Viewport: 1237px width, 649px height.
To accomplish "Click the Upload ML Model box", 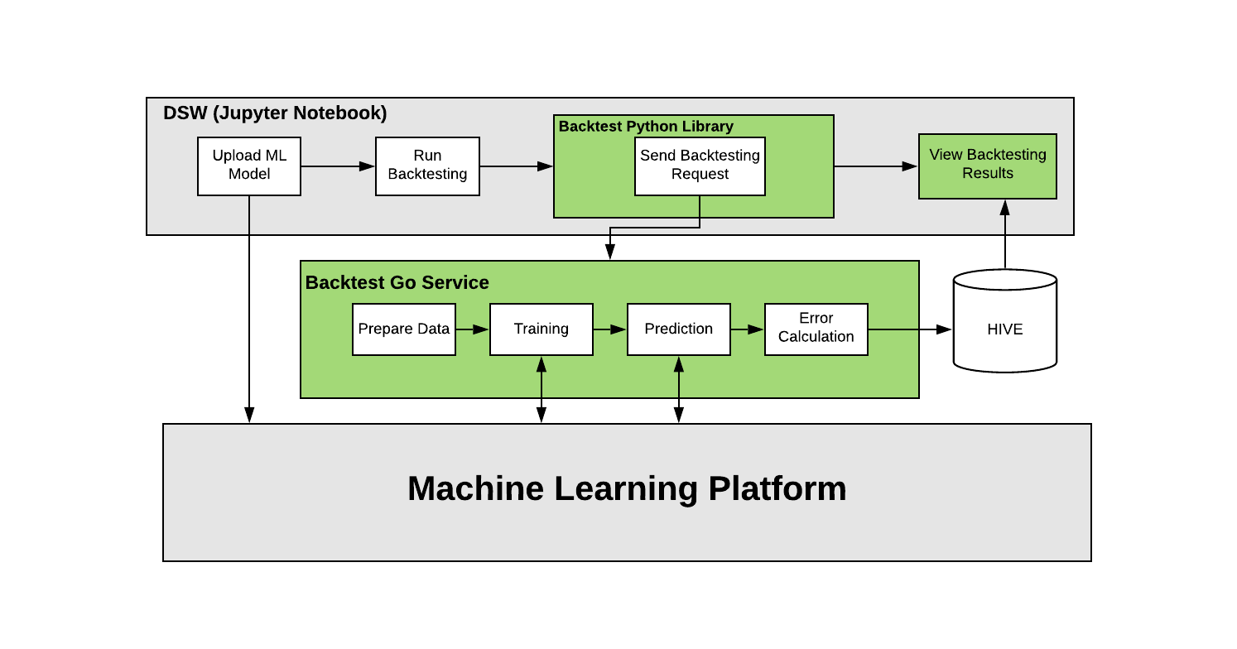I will (248, 166).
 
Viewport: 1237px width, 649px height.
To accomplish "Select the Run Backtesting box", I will (427, 166).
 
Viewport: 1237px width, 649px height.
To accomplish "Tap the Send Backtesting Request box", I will (700, 166).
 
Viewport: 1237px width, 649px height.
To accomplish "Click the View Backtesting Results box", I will (987, 166).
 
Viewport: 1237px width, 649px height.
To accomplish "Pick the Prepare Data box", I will (404, 329).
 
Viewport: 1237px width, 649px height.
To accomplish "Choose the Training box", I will (541, 329).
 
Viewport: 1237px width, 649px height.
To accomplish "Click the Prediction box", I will (678, 329).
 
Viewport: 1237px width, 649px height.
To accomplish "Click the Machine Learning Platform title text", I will (627, 488).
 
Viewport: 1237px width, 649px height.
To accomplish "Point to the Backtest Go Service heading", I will (397, 283).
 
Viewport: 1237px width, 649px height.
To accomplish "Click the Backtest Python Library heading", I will (646, 127).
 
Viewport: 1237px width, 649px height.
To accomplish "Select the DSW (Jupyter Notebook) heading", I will (275, 113).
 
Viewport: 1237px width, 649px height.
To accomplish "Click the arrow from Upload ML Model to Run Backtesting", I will (338, 166).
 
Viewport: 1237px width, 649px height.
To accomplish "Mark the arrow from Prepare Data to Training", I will (472, 329).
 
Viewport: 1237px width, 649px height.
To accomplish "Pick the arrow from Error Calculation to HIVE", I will (909, 329).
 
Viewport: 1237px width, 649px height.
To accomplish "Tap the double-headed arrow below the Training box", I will (541, 389).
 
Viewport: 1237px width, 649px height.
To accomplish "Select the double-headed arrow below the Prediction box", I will (678, 389).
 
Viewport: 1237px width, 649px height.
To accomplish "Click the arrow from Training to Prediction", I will (609, 329).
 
